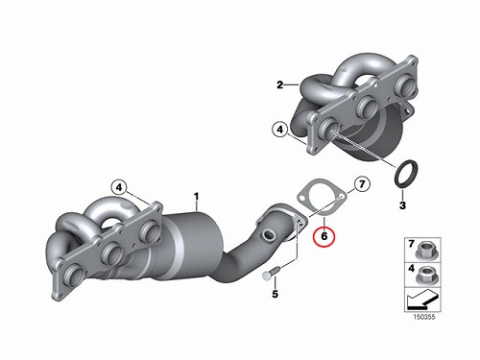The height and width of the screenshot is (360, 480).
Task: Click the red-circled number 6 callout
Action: point(324,236)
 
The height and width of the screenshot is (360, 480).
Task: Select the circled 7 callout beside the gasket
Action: point(362,184)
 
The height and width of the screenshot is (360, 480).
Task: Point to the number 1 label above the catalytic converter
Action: point(196,197)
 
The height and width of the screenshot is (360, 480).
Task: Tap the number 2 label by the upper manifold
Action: point(280,85)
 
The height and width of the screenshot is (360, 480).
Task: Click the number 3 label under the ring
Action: point(402,205)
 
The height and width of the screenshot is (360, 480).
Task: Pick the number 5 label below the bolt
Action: point(276,294)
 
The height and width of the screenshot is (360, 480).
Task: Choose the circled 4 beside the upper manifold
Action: point(280,130)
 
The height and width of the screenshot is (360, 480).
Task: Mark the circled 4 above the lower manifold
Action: point(119,187)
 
